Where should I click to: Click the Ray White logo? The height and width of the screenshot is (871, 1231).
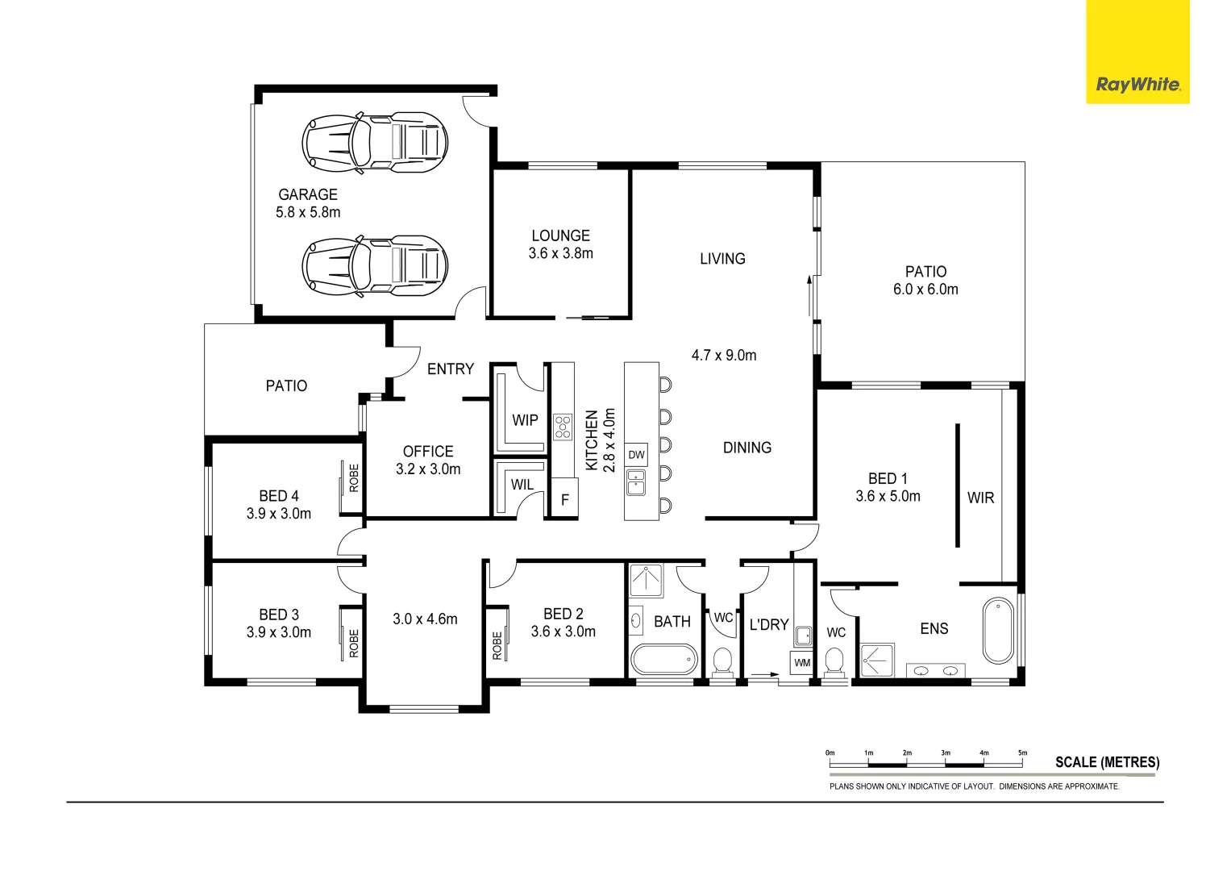pyautogui.click(x=1137, y=85)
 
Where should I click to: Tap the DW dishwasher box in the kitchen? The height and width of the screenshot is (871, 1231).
pyautogui.click(x=636, y=455)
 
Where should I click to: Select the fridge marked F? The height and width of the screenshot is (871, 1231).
pyautogui.click(x=564, y=500)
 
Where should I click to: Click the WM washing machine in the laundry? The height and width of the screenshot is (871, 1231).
pyautogui.click(x=802, y=663)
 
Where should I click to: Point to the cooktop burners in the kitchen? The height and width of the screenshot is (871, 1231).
pyautogui.click(x=563, y=426)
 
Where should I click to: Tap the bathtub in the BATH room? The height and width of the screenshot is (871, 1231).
pyautogui.click(x=663, y=660)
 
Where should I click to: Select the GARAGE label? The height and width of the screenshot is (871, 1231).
pyautogui.click(x=308, y=194)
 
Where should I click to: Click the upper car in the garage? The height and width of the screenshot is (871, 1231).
pyautogui.click(x=375, y=143)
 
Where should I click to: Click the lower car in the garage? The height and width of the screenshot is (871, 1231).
pyautogui.click(x=375, y=265)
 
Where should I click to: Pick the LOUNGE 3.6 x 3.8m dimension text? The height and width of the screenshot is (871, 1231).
pyautogui.click(x=560, y=253)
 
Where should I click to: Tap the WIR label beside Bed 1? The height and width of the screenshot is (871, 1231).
pyautogui.click(x=980, y=498)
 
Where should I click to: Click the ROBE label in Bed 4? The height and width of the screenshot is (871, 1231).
pyautogui.click(x=354, y=478)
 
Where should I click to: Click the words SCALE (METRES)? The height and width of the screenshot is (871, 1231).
pyautogui.click(x=1107, y=762)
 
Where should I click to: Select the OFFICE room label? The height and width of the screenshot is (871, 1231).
pyautogui.click(x=428, y=452)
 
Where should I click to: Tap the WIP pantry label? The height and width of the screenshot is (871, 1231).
pyautogui.click(x=525, y=420)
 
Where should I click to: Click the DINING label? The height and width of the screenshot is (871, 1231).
pyautogui.click(x=747, y=448)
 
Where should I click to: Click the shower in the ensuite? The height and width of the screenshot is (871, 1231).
pyautogui.click(x=875, y=660)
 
